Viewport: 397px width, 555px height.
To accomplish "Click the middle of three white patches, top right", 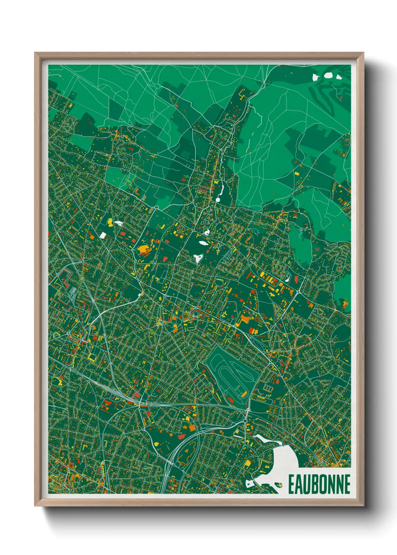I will pyautogui.click(x=328, y=75).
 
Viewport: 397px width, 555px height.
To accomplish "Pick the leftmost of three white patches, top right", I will pyautogui.click(x=316, y=78).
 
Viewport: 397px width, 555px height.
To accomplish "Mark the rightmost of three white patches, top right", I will pyautogui.click(x=339, y=77).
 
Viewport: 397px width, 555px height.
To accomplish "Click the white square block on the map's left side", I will pyautogui.click(x=103, y=235).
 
